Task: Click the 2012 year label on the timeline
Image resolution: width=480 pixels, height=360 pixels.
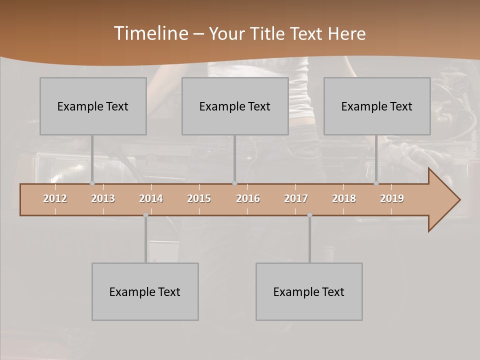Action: pyautogui.click(x=55, y=198)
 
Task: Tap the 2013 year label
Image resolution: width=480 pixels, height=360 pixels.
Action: pyautogui.click(x=103, y=198)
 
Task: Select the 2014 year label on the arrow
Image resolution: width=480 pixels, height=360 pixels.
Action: pyautogui.click(x=151, y=198)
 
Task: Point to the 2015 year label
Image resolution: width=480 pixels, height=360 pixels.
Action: pyautogui.click(x=199, y=198)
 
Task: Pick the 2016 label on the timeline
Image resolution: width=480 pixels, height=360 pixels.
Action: pyautogui.click(x=248, y=198)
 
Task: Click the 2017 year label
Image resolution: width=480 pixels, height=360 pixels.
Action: pyautogui.click(x=296, y=198)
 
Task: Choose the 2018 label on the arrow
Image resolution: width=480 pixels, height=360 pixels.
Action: pyautogui.click(x=344, y=198)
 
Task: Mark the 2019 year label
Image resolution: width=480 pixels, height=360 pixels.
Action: pyautogui.click(x=392, y=198)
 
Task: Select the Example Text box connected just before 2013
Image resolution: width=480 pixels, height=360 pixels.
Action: pyautogui.click(x=93, y=106)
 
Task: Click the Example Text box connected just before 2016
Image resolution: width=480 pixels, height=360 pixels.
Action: pyautogui.click(x=235, y=106)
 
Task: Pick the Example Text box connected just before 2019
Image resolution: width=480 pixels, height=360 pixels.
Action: pyautogui.click(x=377, y=106)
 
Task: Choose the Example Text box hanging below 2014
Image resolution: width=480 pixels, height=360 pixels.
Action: pyautogui.click(x=145, y=291)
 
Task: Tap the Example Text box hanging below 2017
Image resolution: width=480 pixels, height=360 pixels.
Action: pyautogui.click(x=309, y=291)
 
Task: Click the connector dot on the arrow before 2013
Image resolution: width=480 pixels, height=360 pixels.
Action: pyautogui.click(x=92, y=183)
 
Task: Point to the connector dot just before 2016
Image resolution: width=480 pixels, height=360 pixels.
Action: pyautogui.click(x=234, y=183)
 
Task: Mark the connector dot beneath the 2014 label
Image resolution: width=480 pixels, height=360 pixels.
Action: pyautogui.click(x=145, y=215)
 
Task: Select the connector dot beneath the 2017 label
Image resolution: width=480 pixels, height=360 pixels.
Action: pyautogui.click(x=309, y=215)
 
